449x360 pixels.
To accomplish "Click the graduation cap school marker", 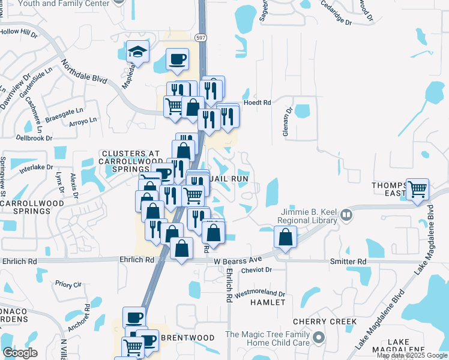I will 137,52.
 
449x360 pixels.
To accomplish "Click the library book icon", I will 346,214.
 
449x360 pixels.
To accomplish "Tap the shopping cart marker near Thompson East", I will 418,190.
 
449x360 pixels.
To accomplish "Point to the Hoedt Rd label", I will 257,103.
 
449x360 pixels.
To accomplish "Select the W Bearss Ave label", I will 238,260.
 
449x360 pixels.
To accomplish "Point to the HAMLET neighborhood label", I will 268,302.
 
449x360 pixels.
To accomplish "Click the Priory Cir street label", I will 67,284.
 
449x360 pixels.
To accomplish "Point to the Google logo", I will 20,353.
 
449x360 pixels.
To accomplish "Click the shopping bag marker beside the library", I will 285,236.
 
